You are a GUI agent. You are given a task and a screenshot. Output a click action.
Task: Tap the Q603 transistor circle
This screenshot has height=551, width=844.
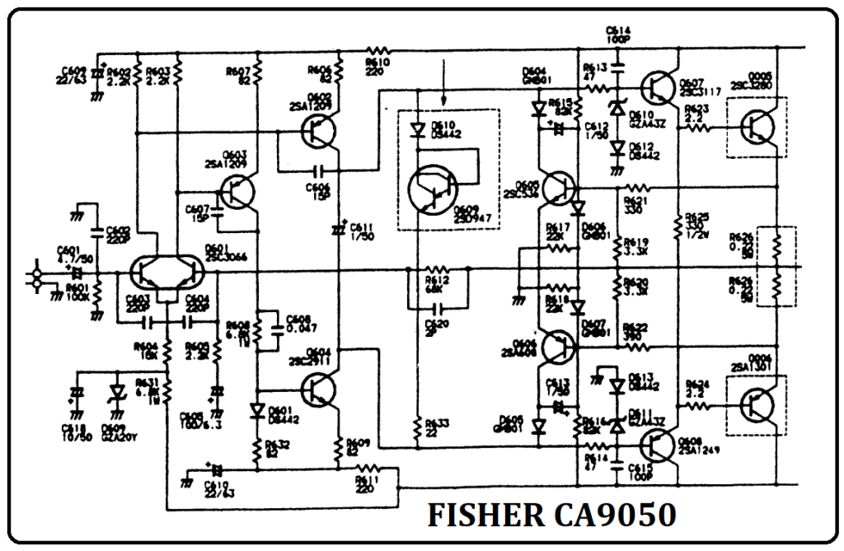coord(237,193)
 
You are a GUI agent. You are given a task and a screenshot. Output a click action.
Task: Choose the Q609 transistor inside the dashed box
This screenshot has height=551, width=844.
coord(436,194)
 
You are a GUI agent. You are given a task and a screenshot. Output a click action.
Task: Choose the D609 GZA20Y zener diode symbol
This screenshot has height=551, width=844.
coord(117,390)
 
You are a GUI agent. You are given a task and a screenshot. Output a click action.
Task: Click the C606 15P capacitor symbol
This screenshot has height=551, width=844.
coord(319,172)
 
